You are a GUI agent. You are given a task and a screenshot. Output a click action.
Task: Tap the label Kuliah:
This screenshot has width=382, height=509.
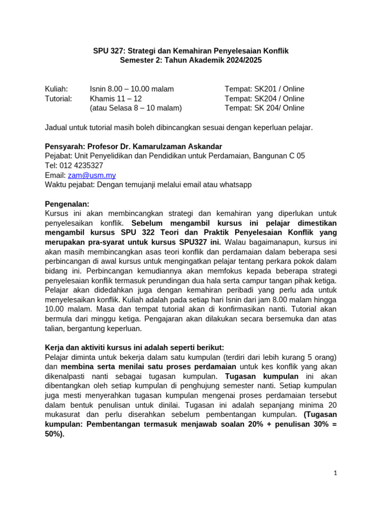pyautogui.click(x=56, y=89)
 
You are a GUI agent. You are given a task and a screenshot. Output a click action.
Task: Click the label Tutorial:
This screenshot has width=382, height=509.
pyautogui.click(x=58, y=98)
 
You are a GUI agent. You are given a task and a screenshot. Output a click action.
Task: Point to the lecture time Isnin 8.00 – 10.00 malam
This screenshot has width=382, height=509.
pyautogui.click(x=132, y=89)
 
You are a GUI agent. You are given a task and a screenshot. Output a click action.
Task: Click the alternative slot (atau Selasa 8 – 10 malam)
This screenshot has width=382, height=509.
pyautogui.click(x=136, y=108)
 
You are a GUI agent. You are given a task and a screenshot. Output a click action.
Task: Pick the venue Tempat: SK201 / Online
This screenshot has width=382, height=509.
pyautogui.click(x=264, y=89)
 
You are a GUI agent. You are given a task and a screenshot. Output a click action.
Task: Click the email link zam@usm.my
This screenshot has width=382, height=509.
pyautogui.click(x=92, y=175)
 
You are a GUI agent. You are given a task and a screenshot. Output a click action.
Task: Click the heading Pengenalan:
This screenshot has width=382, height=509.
pyautogui.click(x=67, y=204)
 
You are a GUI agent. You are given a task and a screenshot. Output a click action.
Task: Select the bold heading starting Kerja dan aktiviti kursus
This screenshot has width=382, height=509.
pyautogui.click(x=134, y=347)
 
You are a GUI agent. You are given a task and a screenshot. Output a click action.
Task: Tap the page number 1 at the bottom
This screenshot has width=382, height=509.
pyautogui.click(x=336, y=473)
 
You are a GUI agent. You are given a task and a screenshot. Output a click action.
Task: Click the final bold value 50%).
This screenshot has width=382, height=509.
pyautogui.click(x=55, y=433)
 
